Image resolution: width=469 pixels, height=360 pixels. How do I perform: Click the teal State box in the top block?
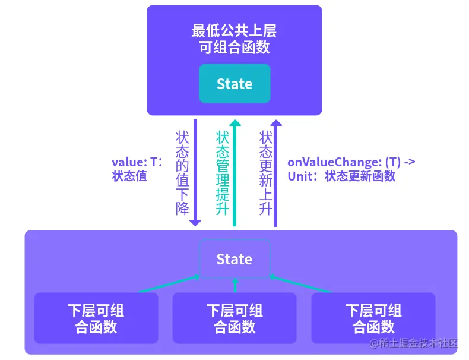coord(235,84)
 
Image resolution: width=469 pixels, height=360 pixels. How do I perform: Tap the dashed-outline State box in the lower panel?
coord(235,259)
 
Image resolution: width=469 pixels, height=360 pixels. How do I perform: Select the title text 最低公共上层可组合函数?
coord(235,39)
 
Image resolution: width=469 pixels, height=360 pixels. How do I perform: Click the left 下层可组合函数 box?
coord(96,318)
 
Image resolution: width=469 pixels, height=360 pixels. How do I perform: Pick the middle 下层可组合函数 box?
coord(235,318)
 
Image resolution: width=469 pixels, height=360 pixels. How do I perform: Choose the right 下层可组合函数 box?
coord(373,318)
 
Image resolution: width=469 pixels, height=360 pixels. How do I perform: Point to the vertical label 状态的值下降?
coord(182,172)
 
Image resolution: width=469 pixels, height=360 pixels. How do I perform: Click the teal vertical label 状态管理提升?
coord(223,172)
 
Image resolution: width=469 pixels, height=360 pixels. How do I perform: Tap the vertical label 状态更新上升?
coord(265,172)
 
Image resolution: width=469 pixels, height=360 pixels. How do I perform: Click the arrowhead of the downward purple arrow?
coord(195,222)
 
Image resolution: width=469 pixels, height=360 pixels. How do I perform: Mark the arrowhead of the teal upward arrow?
coord(235,123)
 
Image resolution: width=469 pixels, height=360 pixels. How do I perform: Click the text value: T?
coord(137,162)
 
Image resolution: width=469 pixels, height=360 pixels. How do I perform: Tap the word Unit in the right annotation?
coord(300,176)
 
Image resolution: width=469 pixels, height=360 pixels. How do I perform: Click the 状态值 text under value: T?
coord(129,176)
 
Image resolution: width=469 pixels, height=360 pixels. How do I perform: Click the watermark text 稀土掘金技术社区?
coord(419,343)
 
